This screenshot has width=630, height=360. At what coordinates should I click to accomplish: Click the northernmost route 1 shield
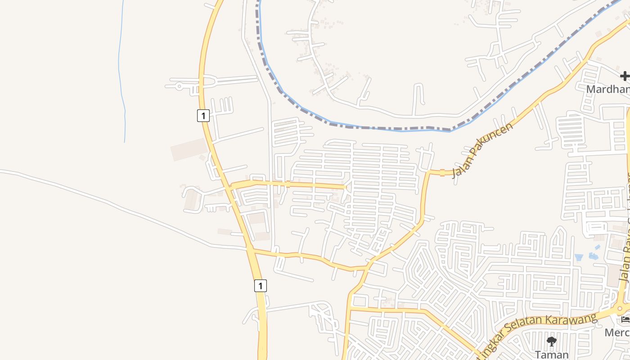click(x=203, y=116)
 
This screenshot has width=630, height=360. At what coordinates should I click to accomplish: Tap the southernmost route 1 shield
click(x=260, y=285)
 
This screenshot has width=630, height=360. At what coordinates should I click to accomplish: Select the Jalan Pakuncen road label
click(x=482, y=150)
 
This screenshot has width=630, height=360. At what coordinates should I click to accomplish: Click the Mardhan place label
click(x=607, y=90)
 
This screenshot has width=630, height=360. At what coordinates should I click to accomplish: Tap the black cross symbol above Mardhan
click(x=625, y=76)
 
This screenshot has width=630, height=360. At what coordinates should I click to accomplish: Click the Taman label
click(x=552, y=355)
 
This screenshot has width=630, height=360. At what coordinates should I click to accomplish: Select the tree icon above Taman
click(x=551, y=342)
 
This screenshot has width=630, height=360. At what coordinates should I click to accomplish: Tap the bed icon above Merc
click(x=625, y=320)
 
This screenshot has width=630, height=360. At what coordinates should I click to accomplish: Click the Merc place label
click(x=617, y=333)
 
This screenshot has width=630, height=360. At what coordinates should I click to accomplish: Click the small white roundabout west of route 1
click(x=179, y=85)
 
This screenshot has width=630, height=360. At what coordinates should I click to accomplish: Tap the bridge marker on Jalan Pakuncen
click(x=442, y=172)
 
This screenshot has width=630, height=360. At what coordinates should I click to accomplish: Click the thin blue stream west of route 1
click(x=121, y=67)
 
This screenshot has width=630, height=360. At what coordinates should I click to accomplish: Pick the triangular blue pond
click(x=579, y=257)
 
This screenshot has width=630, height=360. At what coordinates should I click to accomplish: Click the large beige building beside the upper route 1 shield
click(x=189, y=149)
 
